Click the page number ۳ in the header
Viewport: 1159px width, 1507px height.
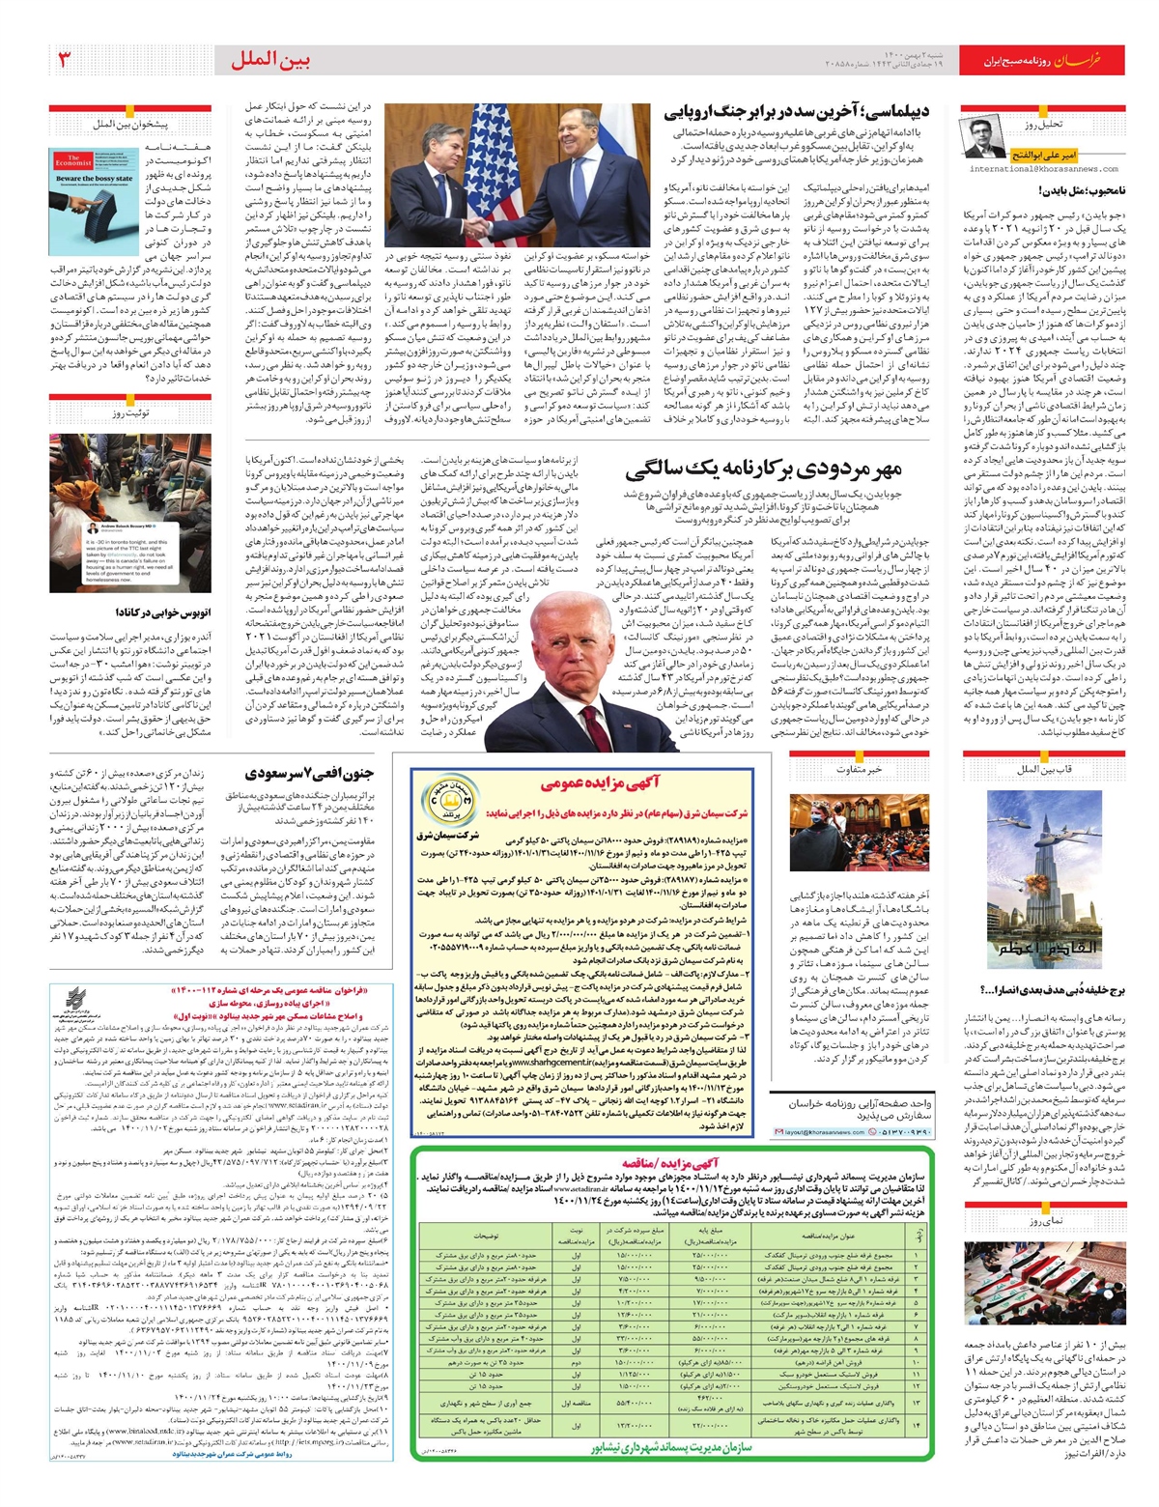(x=65, y=60)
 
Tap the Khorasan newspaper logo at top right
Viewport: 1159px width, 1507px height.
(x=1090, y=60)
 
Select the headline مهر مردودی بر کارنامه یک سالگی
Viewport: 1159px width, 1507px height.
(x=763, y=471)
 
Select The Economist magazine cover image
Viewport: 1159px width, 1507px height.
(x=95, y=188)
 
